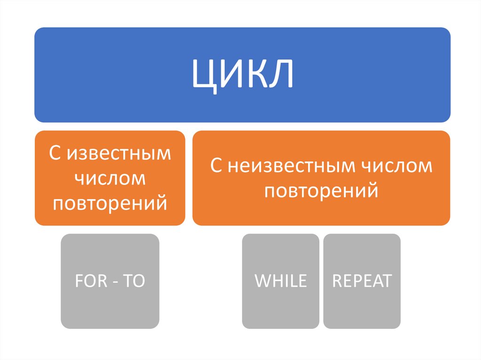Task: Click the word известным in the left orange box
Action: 119,154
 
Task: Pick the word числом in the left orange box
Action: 110,179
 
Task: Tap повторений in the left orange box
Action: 110,204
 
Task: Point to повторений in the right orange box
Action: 321,191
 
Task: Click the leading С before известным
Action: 55,154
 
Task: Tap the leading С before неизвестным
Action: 216,166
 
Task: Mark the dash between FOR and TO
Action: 115,282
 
